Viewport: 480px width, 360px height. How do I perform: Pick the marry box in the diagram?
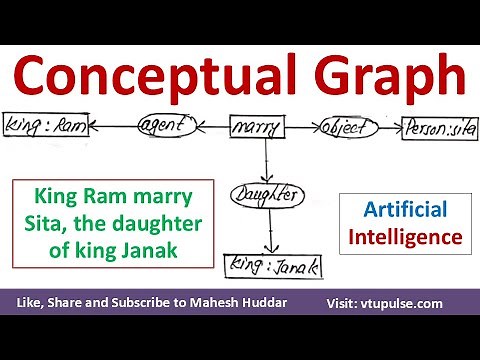pos(256,127)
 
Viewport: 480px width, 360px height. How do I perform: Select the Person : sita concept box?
pos(439,127)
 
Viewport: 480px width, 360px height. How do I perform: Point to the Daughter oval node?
pos(266,194)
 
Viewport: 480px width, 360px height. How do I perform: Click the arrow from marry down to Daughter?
pos(264,160)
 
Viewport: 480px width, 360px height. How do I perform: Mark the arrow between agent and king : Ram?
pos(108,127)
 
